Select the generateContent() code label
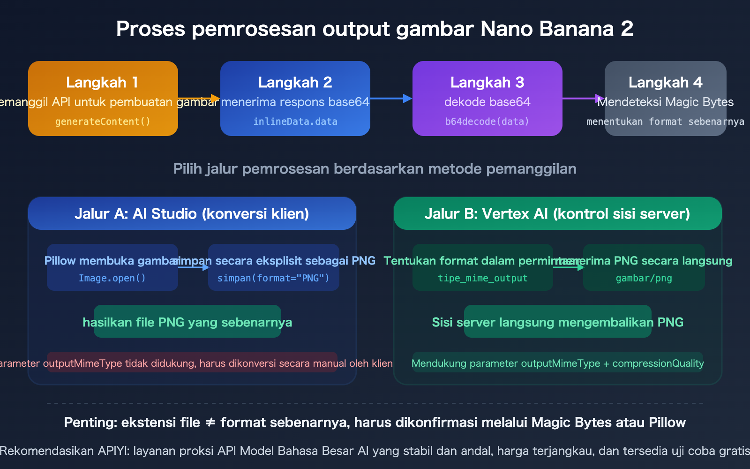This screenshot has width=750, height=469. [103, 121]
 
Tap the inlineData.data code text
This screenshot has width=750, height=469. [295, 121]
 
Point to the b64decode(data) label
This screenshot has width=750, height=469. [487, 121]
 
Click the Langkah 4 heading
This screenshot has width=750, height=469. [665, 83]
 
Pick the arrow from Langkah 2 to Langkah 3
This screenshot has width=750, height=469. [391, 98]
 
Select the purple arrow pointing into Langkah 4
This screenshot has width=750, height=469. [583, 98]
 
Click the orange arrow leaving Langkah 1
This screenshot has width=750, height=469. [199, 98]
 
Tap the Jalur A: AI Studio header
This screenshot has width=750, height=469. [192, 214]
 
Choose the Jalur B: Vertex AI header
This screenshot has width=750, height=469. [557, 214]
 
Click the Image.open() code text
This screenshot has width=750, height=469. [112, 278]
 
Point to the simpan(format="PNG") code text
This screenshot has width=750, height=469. [273, 278]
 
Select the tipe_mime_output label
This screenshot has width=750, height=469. [482, 278]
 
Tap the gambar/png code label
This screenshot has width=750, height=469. [644, 278]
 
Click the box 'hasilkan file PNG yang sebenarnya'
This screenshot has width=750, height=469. [187, 322]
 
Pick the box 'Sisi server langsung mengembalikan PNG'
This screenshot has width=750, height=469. [557, 322]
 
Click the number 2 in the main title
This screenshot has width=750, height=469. [627, 29]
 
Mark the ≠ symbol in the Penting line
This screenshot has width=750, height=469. [210, 423]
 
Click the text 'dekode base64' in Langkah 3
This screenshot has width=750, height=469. [487, 102]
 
